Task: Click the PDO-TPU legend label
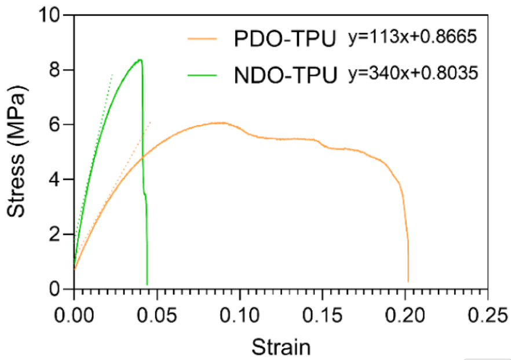[286, 40]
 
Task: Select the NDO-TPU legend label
[286, 75]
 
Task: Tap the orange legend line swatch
[202, 40]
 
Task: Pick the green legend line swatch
[202, 75]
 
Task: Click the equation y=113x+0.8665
[412, 38]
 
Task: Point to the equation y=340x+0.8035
[413, 74]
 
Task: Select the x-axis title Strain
[281, 347]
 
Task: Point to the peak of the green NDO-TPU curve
[140, 60]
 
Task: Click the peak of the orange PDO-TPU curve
[221, 122]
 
